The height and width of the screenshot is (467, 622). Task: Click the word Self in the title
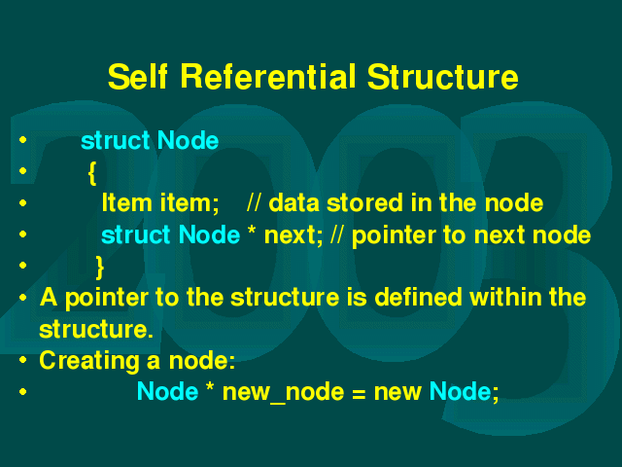138,76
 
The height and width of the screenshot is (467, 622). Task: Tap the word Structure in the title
443,76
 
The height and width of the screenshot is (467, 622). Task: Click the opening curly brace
92,173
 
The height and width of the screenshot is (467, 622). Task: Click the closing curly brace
100,268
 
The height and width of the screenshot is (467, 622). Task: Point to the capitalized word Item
127,202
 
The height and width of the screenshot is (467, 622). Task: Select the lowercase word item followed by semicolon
190,203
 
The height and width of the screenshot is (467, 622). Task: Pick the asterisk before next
252,230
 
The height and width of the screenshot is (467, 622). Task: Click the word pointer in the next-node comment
394,235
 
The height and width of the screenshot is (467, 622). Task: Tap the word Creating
89,361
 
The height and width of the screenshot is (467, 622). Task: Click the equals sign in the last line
359,393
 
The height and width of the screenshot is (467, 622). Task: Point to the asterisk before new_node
210,386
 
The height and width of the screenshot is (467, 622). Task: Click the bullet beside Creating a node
23,360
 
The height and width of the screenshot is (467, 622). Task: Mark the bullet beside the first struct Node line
23,140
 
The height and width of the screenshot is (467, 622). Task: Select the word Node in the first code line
188,140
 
